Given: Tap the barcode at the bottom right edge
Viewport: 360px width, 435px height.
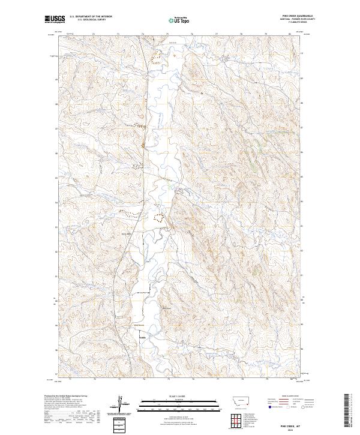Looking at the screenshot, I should tap(346, 414).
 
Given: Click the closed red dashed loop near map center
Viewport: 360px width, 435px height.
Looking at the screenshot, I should tap(159, 218).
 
